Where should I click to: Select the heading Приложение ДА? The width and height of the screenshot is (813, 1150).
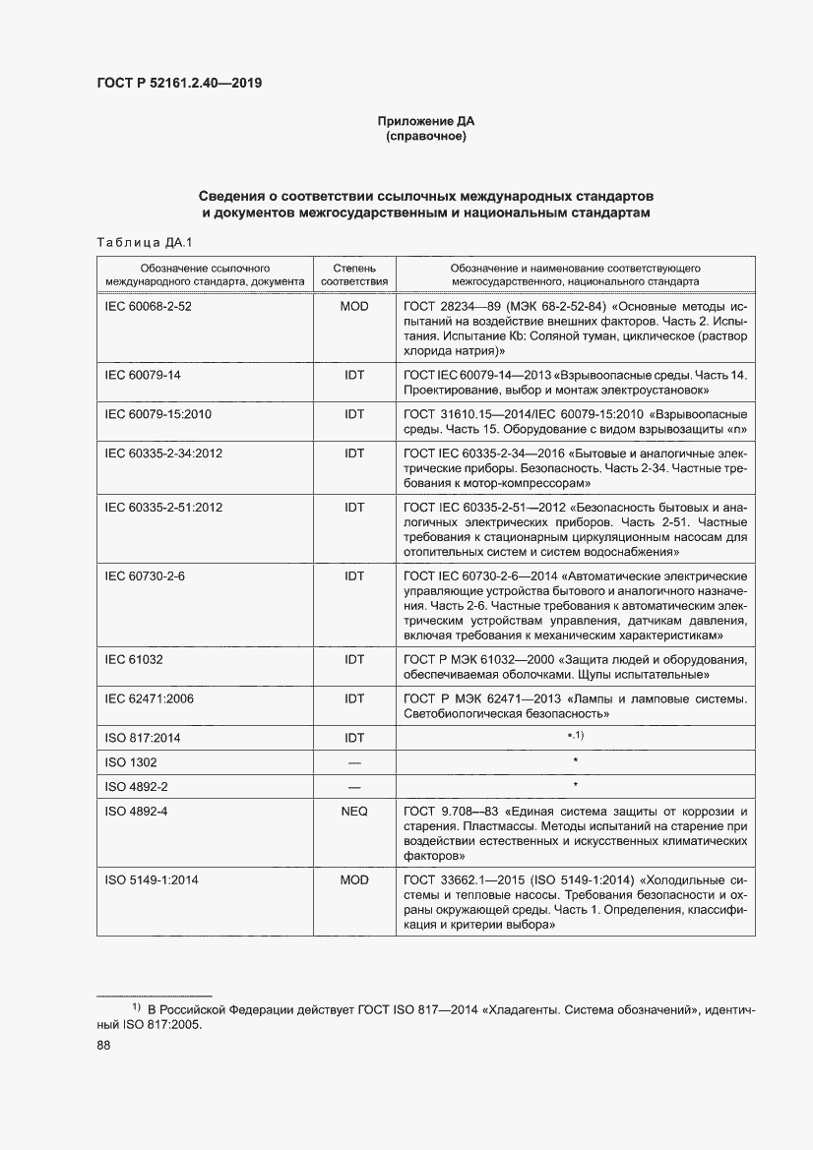coord(426,121)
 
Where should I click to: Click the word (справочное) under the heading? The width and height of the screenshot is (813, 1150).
coord(426,136)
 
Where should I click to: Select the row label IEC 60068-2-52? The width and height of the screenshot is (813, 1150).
coord(148,306)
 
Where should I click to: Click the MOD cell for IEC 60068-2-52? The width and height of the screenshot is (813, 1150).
coord(353,306)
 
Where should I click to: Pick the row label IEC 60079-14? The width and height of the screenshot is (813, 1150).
coord(143,375)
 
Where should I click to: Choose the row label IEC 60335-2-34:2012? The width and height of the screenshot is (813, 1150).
coord(163,454)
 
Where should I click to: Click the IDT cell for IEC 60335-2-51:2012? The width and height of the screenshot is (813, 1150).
coord(353,507)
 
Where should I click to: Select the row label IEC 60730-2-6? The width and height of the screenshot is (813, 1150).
coord(145,575)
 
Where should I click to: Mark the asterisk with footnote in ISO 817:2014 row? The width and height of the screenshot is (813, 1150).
coord(575,737)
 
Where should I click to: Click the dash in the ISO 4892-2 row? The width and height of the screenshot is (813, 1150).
coord(353,786)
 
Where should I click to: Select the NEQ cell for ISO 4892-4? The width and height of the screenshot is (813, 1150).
coord(353,812)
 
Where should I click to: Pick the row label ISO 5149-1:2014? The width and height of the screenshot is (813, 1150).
coord(152,879)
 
